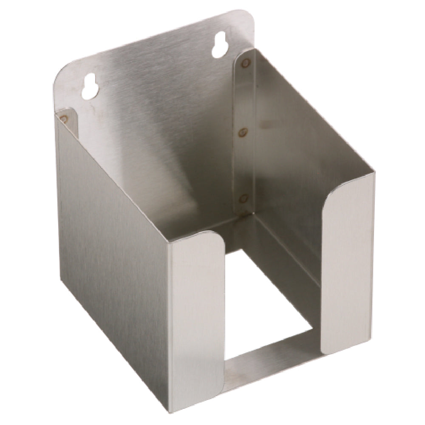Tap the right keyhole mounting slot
(x=220, y=45)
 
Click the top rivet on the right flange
(x=245, y=63)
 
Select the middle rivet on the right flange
(x=243, y=133)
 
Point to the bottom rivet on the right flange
(x=243, y=198)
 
